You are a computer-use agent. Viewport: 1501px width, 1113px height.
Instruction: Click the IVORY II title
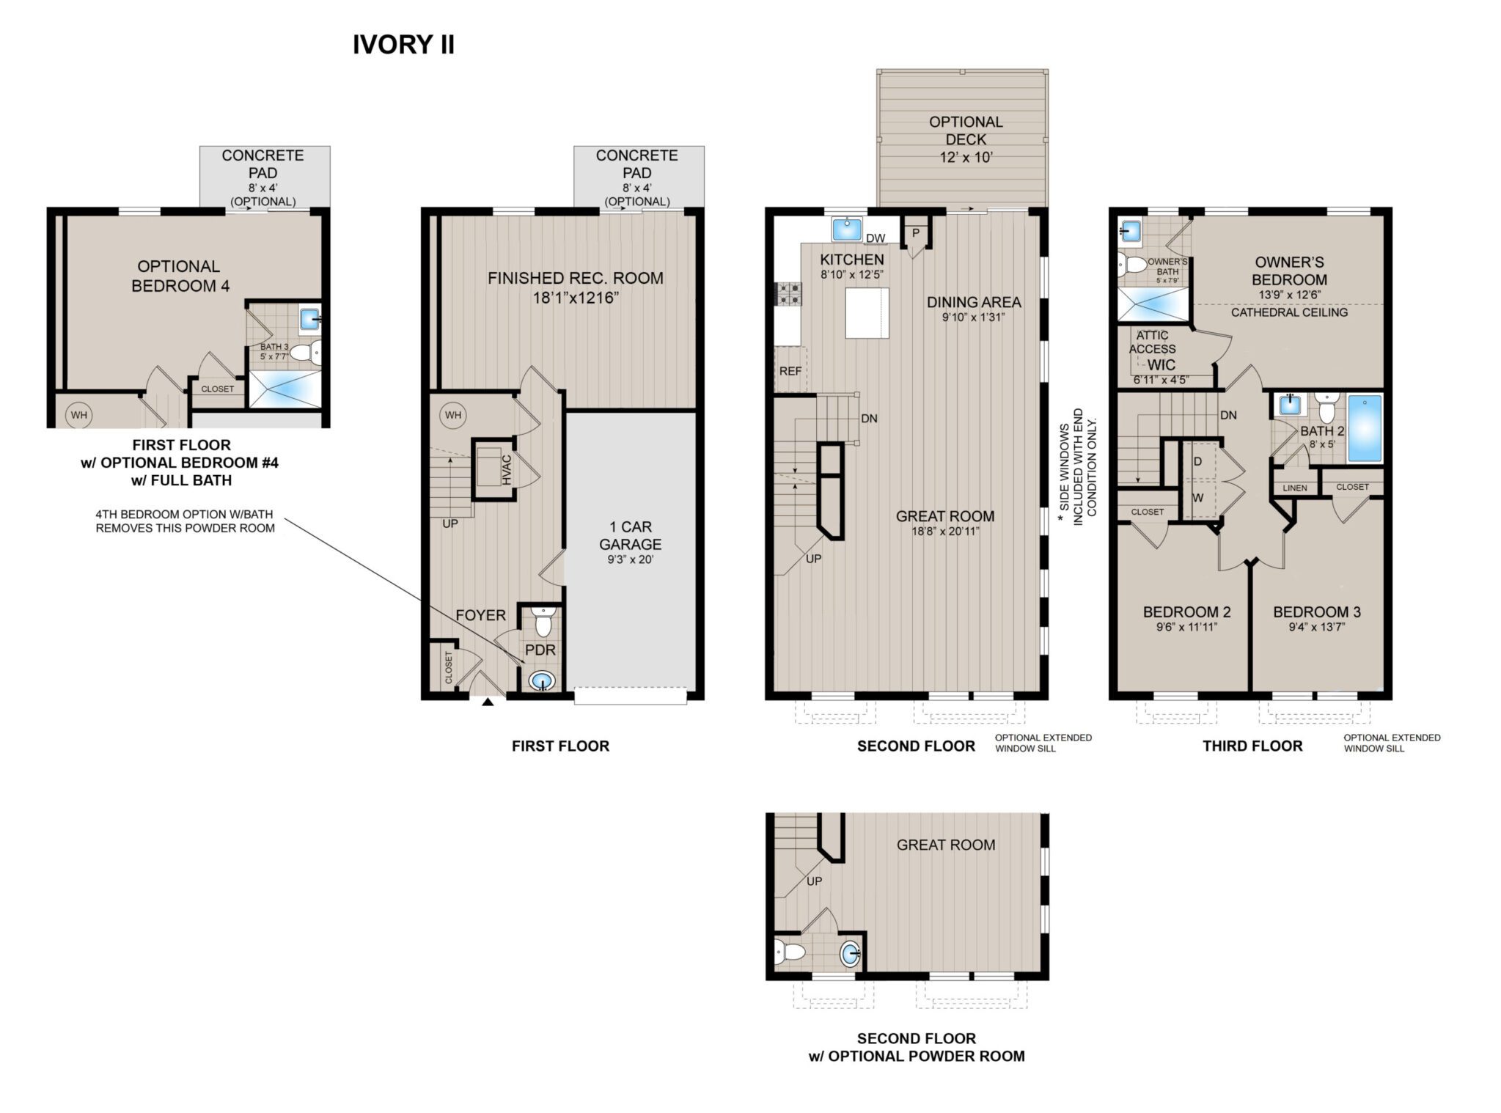[403, 45]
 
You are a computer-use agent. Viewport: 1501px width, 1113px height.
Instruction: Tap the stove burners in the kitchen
[788, 294]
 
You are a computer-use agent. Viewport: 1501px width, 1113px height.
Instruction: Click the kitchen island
[867, 313]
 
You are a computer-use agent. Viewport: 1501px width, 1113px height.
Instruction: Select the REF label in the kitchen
[790, 371]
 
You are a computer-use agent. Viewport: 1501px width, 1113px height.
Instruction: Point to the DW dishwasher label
[876, 238]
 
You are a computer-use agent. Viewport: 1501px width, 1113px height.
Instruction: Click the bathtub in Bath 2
[1365, 429]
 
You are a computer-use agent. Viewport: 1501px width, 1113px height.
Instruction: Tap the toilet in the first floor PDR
[543, 622]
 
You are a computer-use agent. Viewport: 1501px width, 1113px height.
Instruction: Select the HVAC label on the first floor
[507, 469]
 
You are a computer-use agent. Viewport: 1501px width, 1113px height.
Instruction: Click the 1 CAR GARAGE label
[631, 535]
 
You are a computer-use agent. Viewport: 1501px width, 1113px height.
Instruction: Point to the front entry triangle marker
[488, 702]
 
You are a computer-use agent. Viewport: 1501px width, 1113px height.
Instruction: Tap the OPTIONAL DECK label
[966, 131]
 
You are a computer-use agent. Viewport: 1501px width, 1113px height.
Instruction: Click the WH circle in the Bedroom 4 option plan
[78, 415]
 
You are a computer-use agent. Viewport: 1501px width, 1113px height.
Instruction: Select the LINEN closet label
[1295, 488]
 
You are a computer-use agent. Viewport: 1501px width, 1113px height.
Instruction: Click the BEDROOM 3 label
[1317, 612]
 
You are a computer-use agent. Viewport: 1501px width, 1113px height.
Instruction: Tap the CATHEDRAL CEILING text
[1289, 312]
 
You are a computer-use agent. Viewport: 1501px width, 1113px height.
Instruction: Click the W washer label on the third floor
[1198, 498]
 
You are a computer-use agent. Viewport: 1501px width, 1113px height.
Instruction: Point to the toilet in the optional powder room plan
[789, 952]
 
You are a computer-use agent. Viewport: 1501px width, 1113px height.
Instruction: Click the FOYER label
[481, 615]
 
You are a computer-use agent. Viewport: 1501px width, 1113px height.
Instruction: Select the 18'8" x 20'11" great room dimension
[944, 532]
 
